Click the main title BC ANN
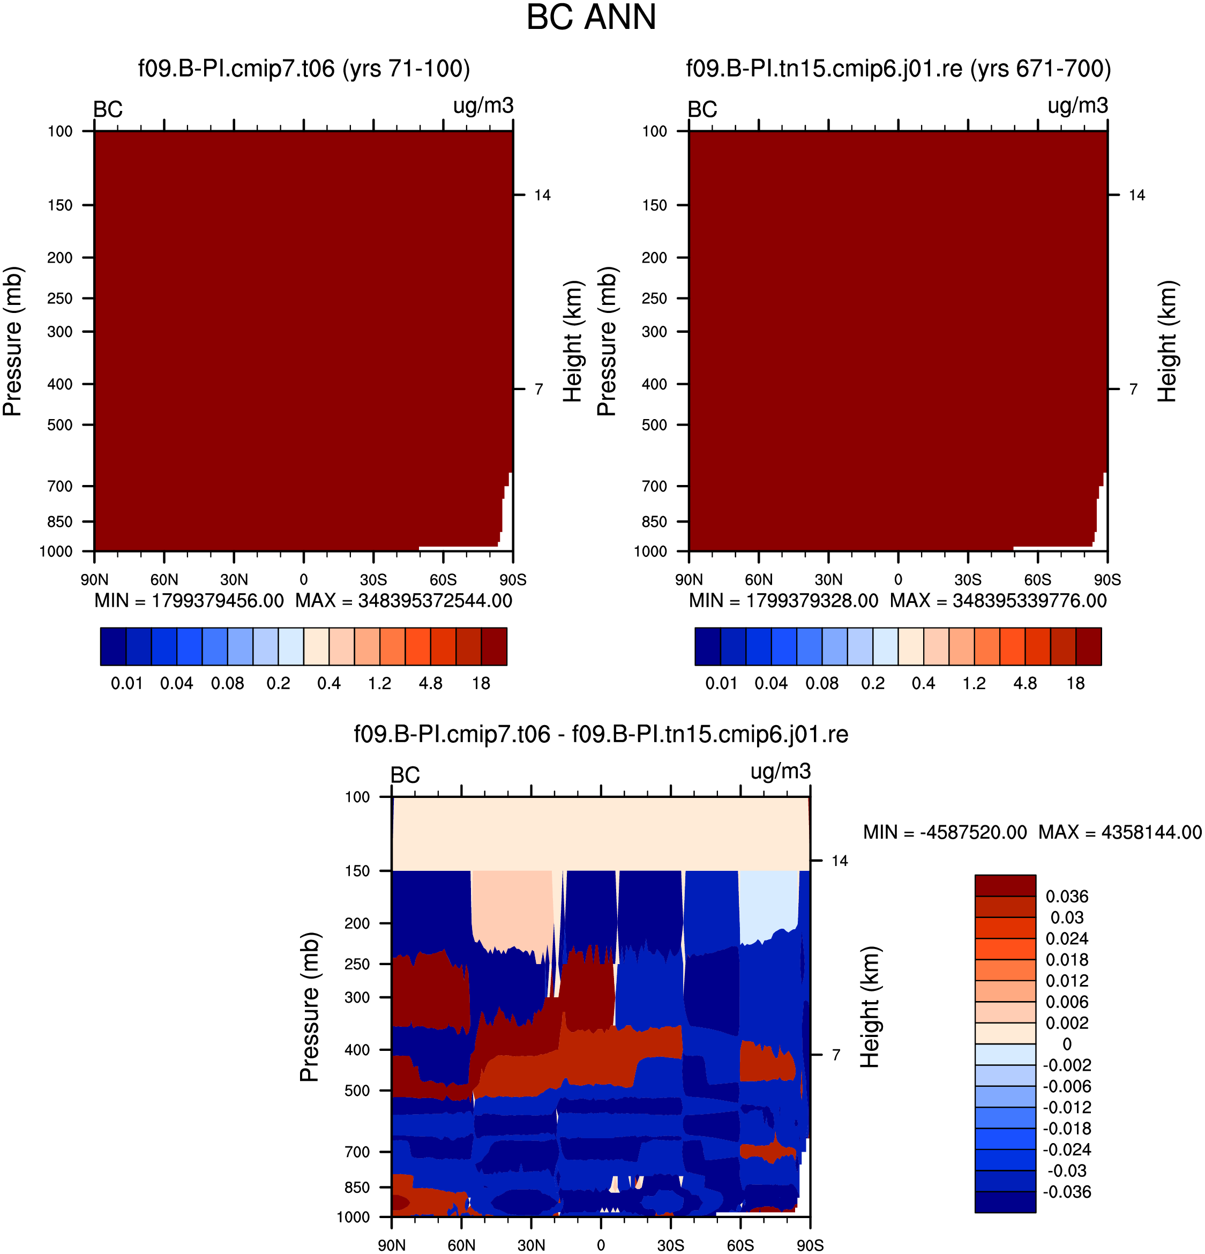coord(591,17)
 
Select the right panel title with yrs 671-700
coord(898,69)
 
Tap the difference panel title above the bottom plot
coord(601,734)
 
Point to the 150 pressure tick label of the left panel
coord(60,205)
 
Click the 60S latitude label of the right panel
coord(1037,580)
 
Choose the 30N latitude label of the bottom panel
coord(531,1245)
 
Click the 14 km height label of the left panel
coord(542,195)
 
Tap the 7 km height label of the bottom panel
coord(836,1055)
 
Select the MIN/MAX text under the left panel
coord(303,601)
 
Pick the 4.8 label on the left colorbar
coord(430,683)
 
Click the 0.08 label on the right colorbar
coord(822,683)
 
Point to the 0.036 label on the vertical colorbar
coord(1067,897)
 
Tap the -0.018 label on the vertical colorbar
coord(1067,1129)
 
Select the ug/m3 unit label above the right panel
coord(1077,106)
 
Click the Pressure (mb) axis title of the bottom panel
coord(309,1007)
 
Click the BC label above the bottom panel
coord(405,775)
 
